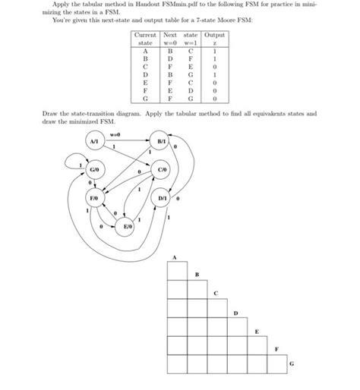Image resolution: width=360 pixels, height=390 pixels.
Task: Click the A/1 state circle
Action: (93, 142)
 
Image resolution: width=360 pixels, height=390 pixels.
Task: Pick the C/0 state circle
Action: (163, 170)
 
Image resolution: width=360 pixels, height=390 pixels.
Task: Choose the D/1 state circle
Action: (163, 198)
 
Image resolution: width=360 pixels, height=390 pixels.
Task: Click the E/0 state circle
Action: (128, 225)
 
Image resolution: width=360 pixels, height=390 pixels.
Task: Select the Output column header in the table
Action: (215, 36)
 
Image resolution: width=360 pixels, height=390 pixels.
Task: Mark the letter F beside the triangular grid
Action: (276, 347)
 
